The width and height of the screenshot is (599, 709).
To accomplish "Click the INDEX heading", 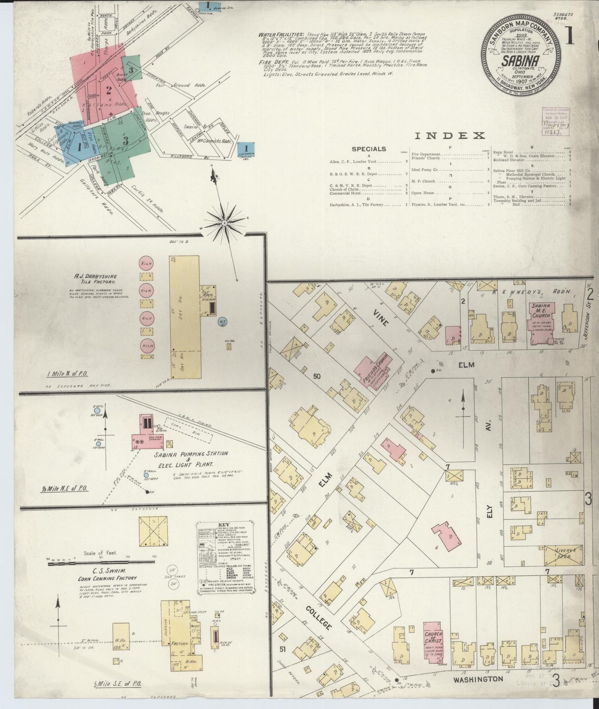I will (x=450, y=135).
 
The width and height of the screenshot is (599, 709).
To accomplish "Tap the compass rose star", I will (x=225, y=223).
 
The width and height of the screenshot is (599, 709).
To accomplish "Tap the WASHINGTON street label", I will (x=478, y=679).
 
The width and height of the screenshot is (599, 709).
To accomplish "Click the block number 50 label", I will (x=317, y=376).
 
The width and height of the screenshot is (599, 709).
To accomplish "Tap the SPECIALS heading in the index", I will (x=369, y=149).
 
